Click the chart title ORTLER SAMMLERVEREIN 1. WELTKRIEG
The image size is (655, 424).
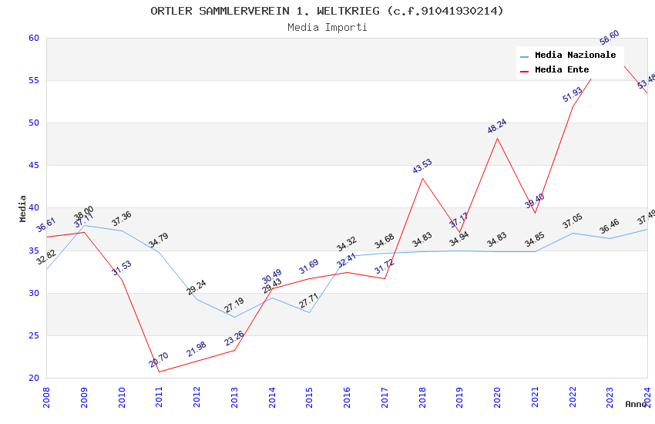coord(327,11)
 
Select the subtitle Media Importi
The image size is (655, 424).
coord(327,27)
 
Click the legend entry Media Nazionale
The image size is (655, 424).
coord(575,56)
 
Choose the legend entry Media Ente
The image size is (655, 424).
coord(562,70)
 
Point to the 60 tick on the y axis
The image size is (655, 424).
coord(33,38)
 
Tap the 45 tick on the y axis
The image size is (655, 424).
coord(33,165)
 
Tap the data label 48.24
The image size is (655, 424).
coord(497,126)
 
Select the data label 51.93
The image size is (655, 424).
coord(573,94)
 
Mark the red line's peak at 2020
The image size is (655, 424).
coord(497,138)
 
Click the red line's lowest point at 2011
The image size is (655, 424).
coord(160,372)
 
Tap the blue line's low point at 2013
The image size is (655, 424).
coord(234,317)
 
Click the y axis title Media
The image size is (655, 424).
coord(22,208)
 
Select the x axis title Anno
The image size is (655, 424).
coord(636,404)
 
